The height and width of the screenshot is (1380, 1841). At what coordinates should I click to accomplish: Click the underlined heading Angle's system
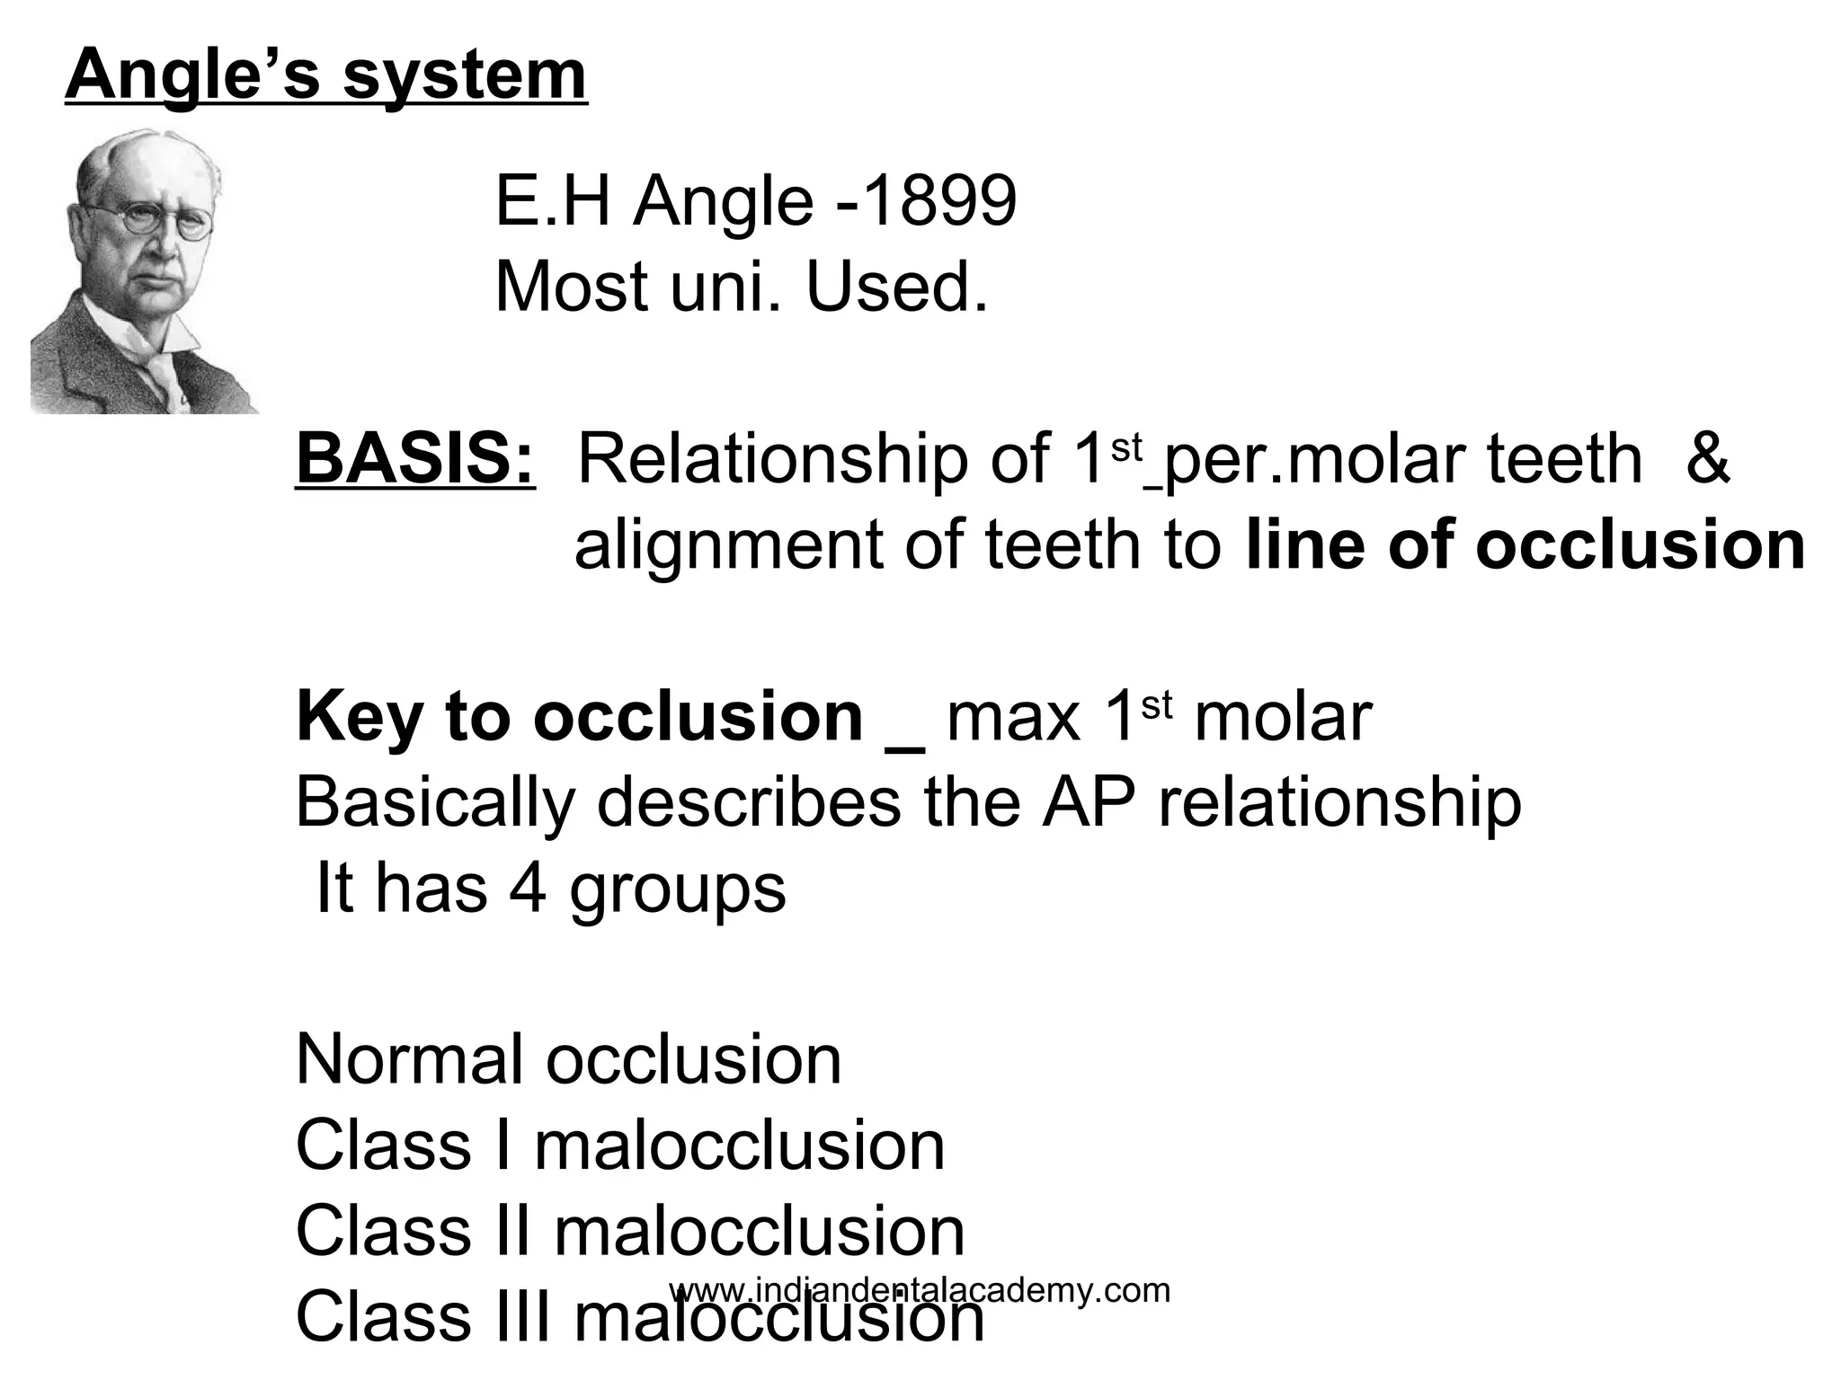tap(326, 75)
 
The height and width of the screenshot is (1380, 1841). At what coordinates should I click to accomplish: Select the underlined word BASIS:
tap(415, 458)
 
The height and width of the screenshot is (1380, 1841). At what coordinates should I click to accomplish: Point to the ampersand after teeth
tap(1707, 458)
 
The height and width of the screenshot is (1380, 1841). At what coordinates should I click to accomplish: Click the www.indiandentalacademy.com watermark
tap(920, 1290)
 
